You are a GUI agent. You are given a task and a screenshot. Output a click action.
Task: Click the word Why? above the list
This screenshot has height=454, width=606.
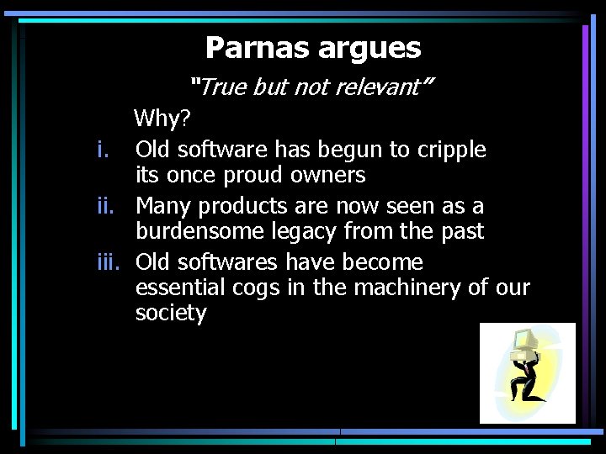coord(159,119)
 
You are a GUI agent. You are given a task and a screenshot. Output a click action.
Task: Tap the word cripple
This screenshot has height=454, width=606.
coord(450,150)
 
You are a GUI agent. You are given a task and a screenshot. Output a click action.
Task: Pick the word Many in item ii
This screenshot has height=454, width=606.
coord(165,206)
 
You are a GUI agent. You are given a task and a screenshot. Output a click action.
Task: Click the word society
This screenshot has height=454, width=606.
coord(171,314)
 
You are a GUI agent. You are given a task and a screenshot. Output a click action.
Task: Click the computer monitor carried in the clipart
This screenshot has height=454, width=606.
coord(524,341)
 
